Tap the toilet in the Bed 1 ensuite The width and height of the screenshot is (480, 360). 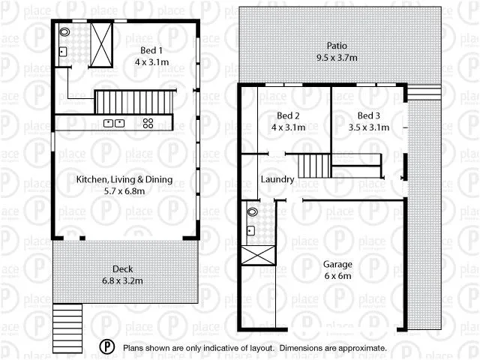click(x=64, y=33)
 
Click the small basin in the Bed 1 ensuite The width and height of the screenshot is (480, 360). click(x=63, y=52)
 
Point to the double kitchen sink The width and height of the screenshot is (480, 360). click(x=114, y=123)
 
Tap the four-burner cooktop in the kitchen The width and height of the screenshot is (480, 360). click(x=148, y=123)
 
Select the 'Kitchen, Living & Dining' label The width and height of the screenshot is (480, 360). click(x=124, y=179)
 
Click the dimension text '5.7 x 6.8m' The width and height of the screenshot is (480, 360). click(x=124, y=191)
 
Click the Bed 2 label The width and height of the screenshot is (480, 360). click(x=288, y=115)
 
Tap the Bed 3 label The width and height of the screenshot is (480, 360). click(x=369, y=115)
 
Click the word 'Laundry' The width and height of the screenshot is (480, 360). click(x=277, y=180)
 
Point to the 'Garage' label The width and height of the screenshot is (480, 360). click(x=338, y=264)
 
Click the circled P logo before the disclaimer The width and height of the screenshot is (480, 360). click(x=108, y=347)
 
